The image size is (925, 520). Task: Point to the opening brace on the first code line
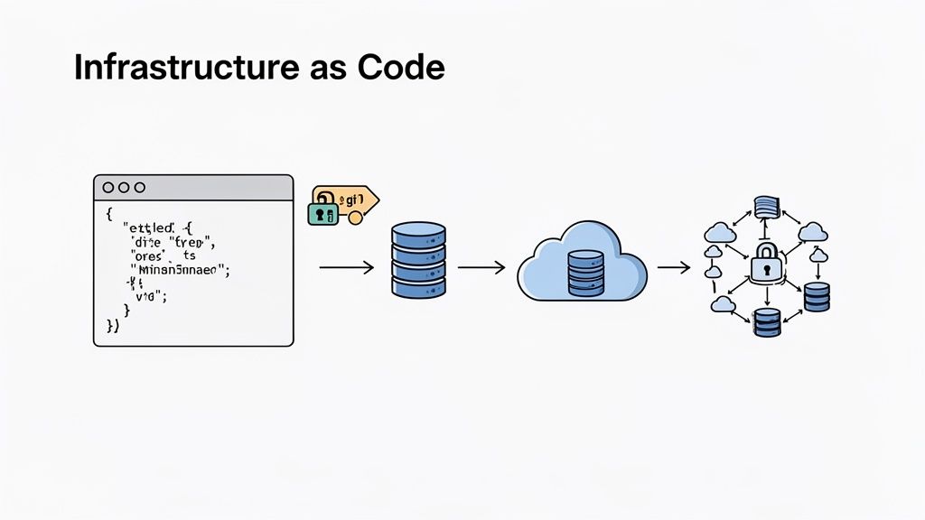107,214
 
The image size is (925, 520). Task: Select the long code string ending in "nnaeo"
181,268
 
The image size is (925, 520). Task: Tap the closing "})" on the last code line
113,326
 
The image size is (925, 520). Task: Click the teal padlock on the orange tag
322,213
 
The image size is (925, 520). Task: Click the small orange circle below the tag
355,218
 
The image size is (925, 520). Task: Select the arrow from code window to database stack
347,266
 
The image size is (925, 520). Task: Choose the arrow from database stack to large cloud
481,266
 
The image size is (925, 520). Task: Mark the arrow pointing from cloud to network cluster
674,266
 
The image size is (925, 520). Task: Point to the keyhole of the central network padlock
764,268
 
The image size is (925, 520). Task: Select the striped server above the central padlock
766,207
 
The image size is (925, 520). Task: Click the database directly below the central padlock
766,322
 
